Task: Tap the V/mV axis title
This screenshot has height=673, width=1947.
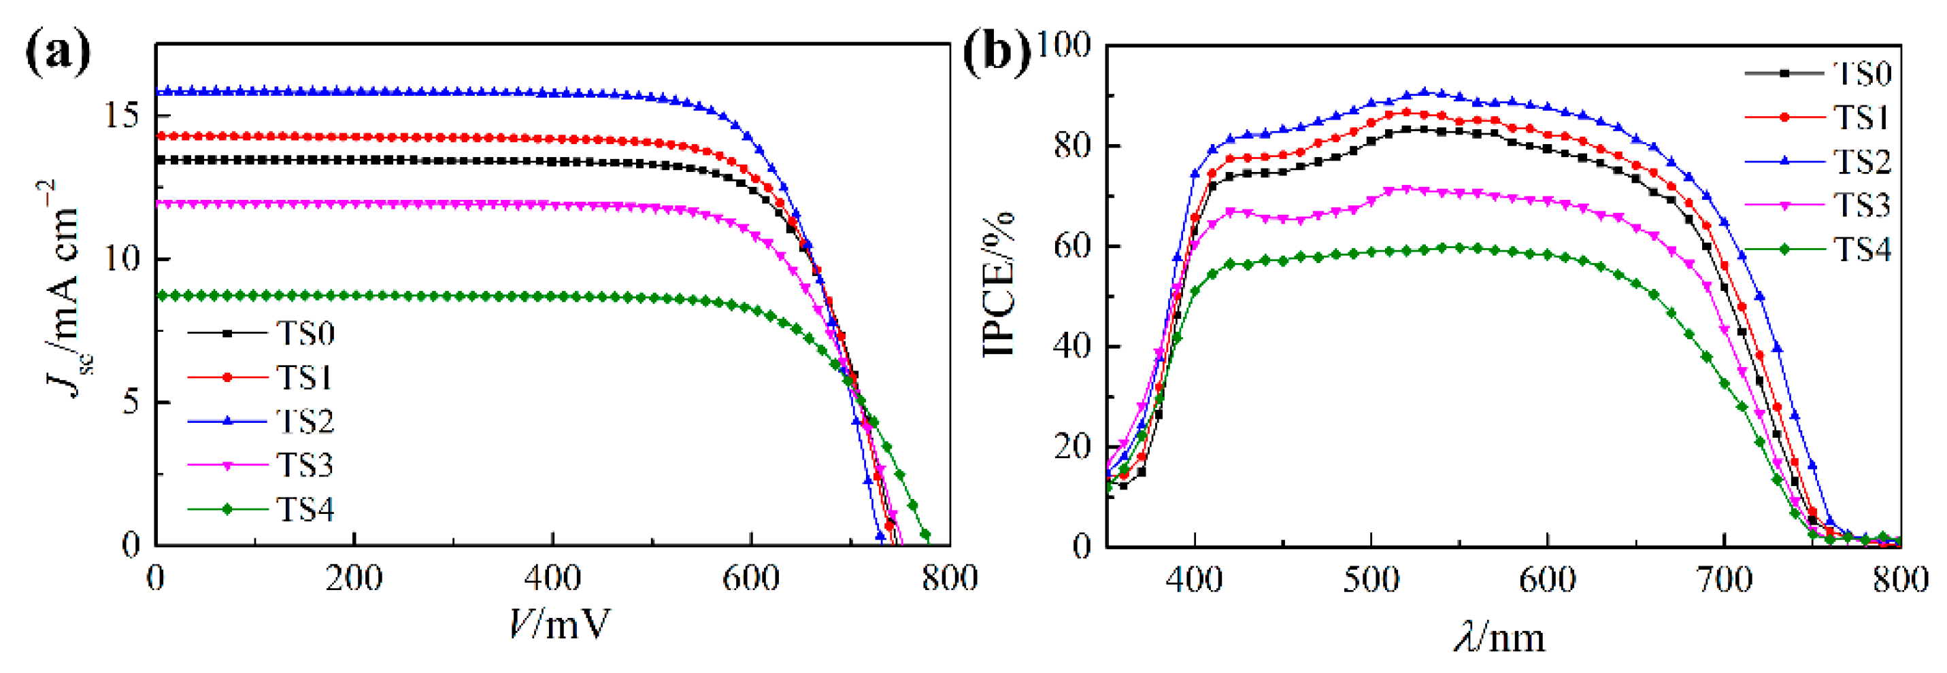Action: point(559,624)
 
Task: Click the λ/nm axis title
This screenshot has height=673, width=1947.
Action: point(1500,638)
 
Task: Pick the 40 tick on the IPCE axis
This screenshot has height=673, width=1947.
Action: point(1074,347)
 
